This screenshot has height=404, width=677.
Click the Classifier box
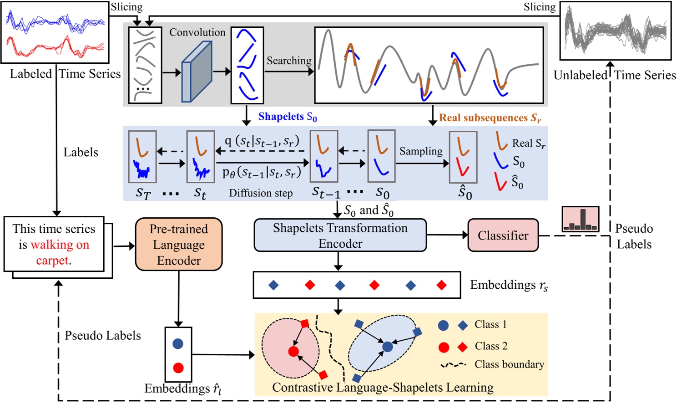coord(503,235)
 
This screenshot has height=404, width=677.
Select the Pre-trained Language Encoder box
coord(179,244)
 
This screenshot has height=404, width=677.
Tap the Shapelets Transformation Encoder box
coord(340,235)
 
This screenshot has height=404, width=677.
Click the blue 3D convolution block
coord(197,72)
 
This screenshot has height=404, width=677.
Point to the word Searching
coord(289,61)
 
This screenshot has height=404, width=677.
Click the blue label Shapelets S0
coord(288,117)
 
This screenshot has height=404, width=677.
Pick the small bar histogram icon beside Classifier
coord(580,219)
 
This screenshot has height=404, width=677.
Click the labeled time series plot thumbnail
coord(55,32)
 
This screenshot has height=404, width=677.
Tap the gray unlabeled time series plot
coord(615,31)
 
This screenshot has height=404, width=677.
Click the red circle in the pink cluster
coord(293,351)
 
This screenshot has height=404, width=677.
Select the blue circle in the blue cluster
coord(387,347)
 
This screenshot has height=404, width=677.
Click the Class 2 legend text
coord(490,346)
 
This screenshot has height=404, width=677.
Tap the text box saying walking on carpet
coord(54,244)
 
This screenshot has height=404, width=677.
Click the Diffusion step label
coord(261,193)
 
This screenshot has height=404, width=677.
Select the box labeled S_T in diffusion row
coord(142,157)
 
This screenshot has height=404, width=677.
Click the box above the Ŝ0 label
coord(463,157)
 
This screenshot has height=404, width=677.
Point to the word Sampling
coord(421,151)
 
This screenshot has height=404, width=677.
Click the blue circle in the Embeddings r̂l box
coord(178,344)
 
